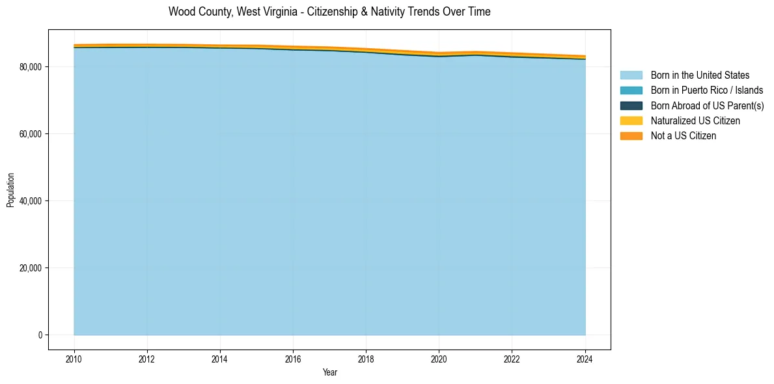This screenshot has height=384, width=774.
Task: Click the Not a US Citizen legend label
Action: coord(684,136)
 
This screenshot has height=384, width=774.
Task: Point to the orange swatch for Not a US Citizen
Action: coord(631,136)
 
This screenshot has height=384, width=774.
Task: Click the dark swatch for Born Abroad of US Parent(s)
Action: coord(631,105)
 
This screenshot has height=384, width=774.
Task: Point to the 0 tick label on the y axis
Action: coord(39,335)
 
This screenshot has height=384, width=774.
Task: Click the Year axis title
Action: coord(329,372)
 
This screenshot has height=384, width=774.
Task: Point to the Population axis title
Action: coord(10,190)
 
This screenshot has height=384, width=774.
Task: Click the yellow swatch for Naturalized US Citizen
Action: coord(631,120)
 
